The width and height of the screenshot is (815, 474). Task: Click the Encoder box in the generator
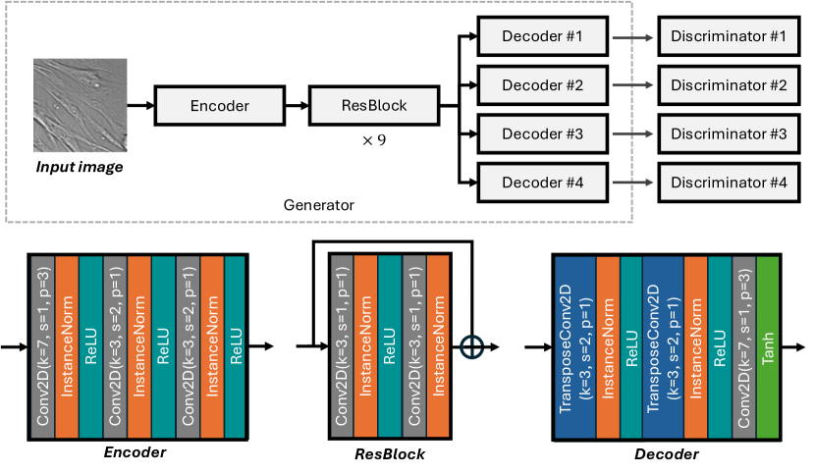(x=220, y=105)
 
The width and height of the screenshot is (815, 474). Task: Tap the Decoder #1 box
(x=543, y=36)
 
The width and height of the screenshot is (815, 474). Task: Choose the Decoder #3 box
(x=543, y=132)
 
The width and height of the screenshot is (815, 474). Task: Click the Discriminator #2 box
(x=730, y=84)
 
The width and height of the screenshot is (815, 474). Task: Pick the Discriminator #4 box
(x=730, y=182)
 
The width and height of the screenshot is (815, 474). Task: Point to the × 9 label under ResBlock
(x=374, y=140)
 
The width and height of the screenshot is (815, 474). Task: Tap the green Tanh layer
(x=768, y=344)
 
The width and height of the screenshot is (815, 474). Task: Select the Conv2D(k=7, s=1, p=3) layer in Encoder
(x=44, y=344)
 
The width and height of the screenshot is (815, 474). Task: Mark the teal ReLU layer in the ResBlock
(x=389, y=344)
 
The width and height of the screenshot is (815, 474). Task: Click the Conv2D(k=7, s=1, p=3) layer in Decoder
(x=743, y=344)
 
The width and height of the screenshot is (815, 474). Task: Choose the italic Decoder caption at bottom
(x=667, y=454)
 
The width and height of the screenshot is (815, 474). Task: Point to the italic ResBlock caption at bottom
(x=389, y=455)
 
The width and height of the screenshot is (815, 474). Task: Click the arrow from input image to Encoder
(x=140, y=105)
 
